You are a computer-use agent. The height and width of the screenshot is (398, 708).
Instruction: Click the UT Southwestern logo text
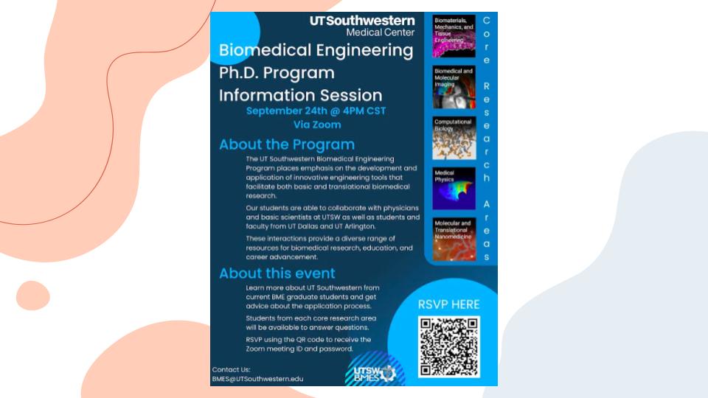(x=362, y=21)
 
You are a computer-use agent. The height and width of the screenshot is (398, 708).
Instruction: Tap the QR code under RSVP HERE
(x=449, y=346)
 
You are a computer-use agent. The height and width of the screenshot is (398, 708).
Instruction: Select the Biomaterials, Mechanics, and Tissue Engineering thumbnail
(x=454, y=36)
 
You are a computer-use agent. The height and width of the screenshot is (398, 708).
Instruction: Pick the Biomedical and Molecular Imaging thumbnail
(x=454, y=87)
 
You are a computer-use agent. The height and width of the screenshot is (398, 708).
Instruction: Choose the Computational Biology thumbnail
(x=454, y=138)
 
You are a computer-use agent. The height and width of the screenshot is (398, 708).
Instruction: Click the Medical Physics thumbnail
(x=454, y=189)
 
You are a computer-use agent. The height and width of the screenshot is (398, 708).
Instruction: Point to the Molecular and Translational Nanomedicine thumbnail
(x=454, y=240)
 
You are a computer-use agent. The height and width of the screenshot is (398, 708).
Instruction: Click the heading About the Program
(x=287, y=144)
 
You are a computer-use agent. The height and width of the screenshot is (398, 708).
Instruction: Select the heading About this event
(x=277, y=273)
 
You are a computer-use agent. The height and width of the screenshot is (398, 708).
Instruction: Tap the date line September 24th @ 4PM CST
(x=316, y=111)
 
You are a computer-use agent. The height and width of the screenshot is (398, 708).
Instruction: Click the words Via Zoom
(x=317, y=125)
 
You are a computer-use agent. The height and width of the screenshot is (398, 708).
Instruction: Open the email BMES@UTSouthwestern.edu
(x=257, y=379)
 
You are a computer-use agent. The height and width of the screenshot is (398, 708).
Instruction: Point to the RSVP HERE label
(x=448, y=304)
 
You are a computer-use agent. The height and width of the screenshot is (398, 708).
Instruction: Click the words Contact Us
(x=231, y=369)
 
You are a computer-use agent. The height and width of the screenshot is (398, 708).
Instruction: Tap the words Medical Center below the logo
(x=381, y=32)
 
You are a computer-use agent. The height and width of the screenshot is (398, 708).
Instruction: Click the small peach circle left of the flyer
(x=33, y=296)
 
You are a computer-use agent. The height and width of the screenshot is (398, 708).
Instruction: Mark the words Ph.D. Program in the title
(x=277, y=73)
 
